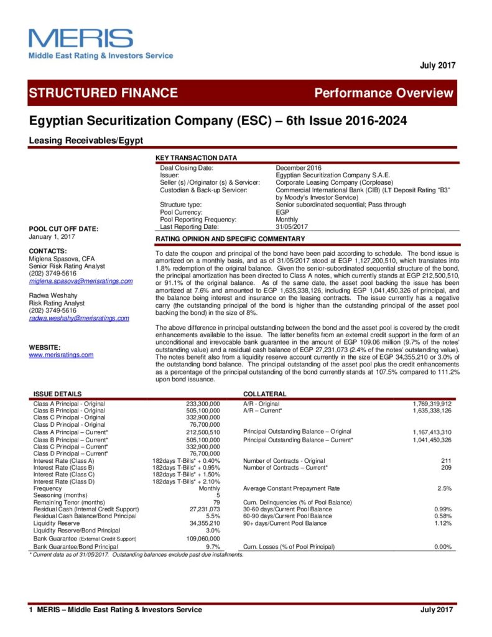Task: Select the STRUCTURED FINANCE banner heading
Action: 103,93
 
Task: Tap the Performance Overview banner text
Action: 384,93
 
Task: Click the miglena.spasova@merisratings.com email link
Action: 81,281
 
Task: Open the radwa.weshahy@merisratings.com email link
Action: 79,318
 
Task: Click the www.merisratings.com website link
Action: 61,355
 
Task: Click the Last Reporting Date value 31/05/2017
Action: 292,226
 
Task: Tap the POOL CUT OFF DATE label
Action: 63,229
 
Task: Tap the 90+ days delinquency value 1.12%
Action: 442,523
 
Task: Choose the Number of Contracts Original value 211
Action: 446,460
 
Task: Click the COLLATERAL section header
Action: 264,394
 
